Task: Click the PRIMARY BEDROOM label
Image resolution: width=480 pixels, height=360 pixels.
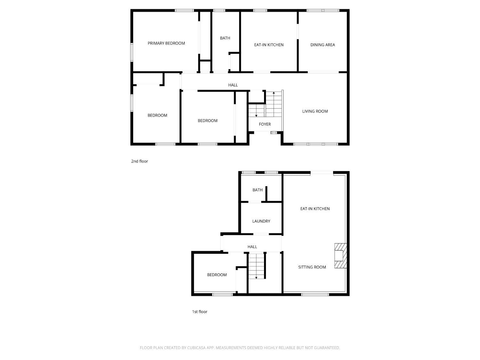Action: pyautogui.click(x=166, y=43)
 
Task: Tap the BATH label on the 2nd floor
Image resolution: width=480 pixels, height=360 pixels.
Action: pyautogui.click(x=225, y=38)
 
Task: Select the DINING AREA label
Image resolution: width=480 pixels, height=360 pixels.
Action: pyautogui.click(x=323, y=45)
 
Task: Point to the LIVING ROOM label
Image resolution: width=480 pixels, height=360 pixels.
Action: pyautogui.click(x=315, y=111)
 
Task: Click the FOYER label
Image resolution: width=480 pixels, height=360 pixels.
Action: pyautogui.click(x=265, y=124)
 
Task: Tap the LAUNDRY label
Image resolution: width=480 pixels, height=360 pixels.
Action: pyautogui.click(x=261, y=221)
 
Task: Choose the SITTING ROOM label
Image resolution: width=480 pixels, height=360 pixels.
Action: pyautogui.click(x=312, y=267)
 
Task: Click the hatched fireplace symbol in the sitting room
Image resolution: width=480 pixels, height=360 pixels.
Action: pyautogui.click(x=340, y=256)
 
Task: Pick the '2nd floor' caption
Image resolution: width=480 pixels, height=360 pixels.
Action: pyautogui.click(x=140, y=161)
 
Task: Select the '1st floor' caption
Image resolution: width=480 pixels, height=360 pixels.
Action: pyautogui.click(x=200, y=312)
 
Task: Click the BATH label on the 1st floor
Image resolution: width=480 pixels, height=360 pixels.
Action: pyautogui.click(x=257, y=190)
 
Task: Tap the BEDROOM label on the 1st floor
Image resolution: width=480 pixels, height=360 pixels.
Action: pyautogui.click(x=217, y=275)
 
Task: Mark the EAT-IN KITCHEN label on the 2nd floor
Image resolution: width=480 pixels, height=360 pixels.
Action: pyautogui.click(x=269, y=45)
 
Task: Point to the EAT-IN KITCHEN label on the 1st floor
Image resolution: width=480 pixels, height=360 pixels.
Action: pyautogui.click(x=315, y=209)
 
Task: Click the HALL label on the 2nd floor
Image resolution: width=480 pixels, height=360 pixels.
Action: pyautogui.click(x=233, y=85)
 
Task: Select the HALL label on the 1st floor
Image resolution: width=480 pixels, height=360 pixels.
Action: pyautogui.click(x=252, y=247)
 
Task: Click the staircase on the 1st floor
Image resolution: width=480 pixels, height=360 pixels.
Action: pyautogui.click(x=257, y=266)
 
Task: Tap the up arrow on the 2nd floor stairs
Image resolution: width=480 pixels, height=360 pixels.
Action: pyautogui.click(x=274, y=93)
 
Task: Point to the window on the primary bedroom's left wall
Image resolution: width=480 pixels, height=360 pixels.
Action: pyautogui.click(x=132, y=52)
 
